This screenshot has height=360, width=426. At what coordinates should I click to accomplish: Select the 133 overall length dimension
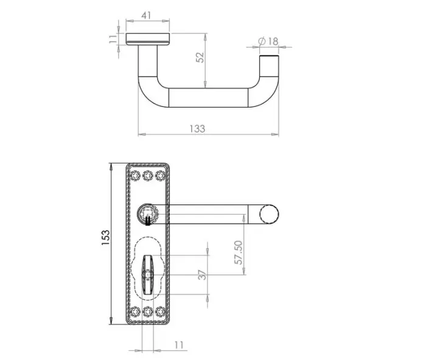[x=198, y=128]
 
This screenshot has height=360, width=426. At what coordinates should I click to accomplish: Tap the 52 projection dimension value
[x=200, y=57]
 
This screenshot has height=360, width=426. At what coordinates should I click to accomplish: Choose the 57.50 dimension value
[x=239, y=252]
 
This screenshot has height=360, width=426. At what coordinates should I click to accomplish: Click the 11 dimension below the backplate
[x=178, y=344]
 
